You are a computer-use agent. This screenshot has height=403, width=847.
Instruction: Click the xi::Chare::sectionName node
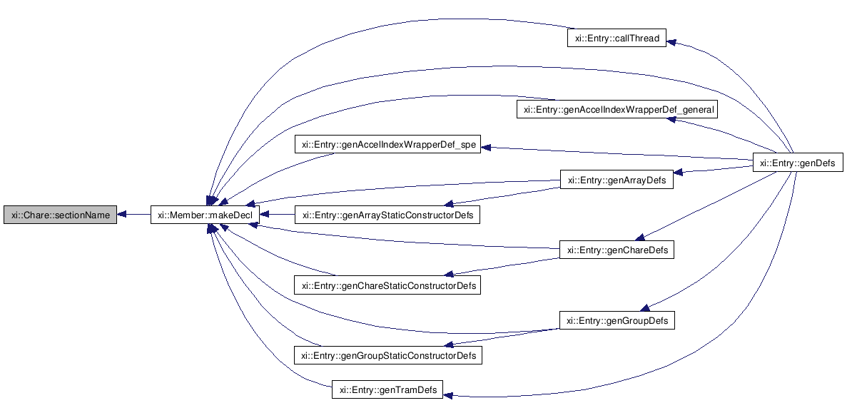point(59,215)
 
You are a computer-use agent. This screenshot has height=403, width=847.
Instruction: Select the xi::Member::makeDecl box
point(205,215)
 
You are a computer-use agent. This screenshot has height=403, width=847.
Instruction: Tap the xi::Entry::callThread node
point(617,39)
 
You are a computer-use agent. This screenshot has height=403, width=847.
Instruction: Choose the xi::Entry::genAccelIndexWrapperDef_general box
point(617,110)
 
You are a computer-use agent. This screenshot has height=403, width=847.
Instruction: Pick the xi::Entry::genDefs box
point(798,163)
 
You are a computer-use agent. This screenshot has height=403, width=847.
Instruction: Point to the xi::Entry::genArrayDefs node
point(617,180)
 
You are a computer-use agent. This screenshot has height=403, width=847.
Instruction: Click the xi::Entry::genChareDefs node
point(617,250)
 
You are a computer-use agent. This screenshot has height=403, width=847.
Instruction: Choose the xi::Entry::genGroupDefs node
point(617,321)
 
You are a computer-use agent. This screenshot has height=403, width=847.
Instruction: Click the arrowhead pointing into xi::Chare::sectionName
point(122,215)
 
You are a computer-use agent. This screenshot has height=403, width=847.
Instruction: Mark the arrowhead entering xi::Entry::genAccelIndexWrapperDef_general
point(671,120)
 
